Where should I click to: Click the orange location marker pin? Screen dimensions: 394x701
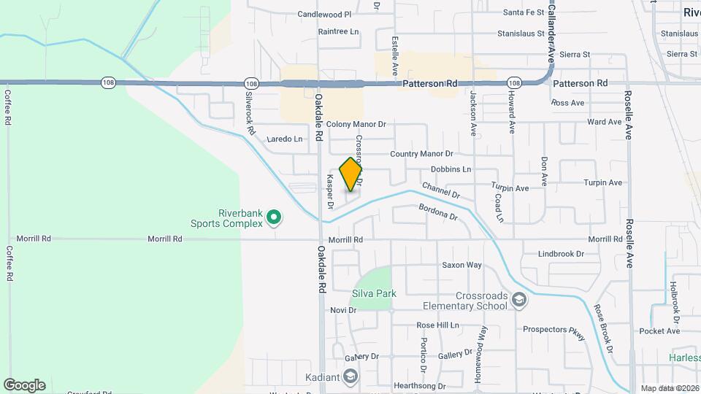(x=351, y=174)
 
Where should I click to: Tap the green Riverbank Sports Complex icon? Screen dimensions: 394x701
(x=274, y=217)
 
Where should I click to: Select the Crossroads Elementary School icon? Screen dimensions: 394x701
(x=518, y=300)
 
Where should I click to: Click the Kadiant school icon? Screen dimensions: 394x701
(x=350, y=376)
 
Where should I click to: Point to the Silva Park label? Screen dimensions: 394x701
(x=374, y=293)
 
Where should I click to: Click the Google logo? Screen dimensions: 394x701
(x=24, y=385)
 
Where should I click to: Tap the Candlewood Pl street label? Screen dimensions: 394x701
(x=325, y=14)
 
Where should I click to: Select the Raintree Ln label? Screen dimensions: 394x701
(x=339, y=31)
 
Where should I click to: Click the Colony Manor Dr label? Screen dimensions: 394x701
(x=356, y=125)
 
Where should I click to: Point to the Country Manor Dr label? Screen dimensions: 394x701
(x=421, y=154)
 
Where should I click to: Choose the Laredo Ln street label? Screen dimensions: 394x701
(x=284, y=139)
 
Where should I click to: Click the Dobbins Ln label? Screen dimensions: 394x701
(x=451, y=169)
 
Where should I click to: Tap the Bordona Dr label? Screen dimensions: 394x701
(x=438, y=212)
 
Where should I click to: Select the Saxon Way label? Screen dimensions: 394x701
(x=461, y=265)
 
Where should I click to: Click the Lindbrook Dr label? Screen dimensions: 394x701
(x=561, y=254)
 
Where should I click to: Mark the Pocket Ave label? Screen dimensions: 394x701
(x=659, y=331)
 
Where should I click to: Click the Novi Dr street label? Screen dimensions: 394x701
(x=342, y=310)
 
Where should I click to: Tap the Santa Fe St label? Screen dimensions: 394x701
(x=524, y=12)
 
